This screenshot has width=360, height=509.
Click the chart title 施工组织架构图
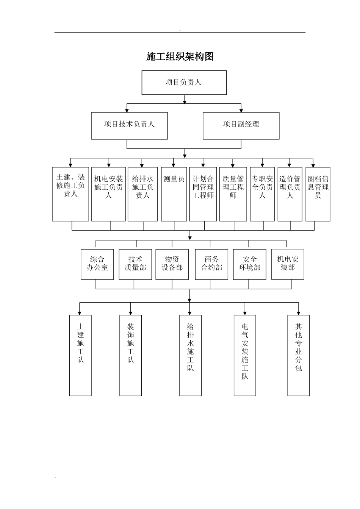click(180, 56)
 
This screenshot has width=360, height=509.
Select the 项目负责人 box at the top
click(184, 83)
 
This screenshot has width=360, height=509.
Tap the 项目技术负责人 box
click(129, 125)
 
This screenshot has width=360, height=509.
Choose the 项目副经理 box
click(241, 125)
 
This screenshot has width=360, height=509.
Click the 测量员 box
click(174, 194)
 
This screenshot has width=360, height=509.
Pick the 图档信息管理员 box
click(318, 194)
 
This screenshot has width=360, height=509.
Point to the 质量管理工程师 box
click(233, 194)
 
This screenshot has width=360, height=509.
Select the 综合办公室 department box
click(97, 264)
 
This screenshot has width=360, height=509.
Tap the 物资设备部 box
click(172, 264)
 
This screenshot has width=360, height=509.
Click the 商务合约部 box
click(211, 264)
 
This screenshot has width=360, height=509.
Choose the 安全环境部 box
click(250, 264)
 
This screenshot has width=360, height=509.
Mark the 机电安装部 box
click(288, 264)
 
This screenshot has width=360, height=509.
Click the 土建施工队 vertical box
click(80, 355)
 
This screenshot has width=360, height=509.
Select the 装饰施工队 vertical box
click(131, 355)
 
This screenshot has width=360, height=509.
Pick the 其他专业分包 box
click(299, 355)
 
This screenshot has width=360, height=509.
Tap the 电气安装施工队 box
click(245, 355)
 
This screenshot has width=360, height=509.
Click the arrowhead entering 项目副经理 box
click(241, 110)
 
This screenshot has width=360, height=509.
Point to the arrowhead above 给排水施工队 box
click(190, 313)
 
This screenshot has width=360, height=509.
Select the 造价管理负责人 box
click(290, 194)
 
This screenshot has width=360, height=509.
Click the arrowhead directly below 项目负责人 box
click(185, 101)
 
